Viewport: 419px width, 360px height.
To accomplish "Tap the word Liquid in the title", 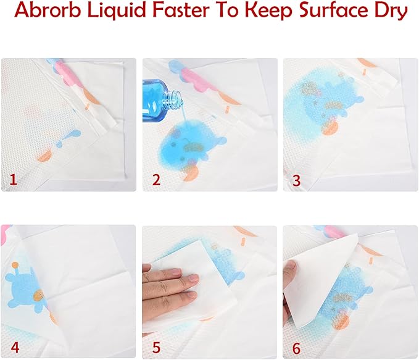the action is point(117,11).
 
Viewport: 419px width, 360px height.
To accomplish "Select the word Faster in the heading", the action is point(181,10).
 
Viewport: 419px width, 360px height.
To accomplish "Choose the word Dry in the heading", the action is point(393,11).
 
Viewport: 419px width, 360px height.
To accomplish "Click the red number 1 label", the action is point(13,180).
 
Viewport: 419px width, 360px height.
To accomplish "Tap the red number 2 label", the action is point(156,180).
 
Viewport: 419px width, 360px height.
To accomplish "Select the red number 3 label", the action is point(297,180).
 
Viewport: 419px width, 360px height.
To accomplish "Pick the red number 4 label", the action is point(15,347).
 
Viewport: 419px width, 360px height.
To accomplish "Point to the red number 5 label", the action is point(156,347).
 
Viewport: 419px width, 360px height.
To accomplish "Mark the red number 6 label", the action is point(296,348).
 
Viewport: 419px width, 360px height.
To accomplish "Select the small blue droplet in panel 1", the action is point(68,138).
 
